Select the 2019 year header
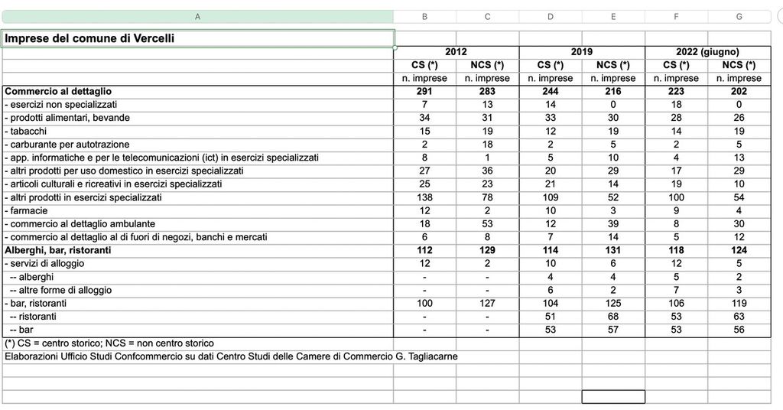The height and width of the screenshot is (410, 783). (x=581, y=52)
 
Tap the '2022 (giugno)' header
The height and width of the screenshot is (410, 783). (x=707, y=52)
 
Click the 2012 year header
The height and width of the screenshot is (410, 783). (x=456, y=52)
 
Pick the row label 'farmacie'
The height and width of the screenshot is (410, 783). (x=28, y=210)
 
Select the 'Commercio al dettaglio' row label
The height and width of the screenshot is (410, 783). (x=58, y=91)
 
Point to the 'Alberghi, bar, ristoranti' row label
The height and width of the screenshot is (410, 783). (x=58, y=250)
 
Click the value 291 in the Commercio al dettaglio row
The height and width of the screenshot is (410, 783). (x=424, y=91)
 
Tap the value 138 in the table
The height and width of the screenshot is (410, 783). (x=424, y=197)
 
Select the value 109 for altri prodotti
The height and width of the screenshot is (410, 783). (x=550, y=197)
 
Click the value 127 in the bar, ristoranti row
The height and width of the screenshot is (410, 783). (x=487, y=303)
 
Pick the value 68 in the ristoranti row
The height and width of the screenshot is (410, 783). (x=612, y=317)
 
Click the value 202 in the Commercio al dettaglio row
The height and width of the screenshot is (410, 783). (x=739, y=91)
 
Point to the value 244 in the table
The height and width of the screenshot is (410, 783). (x=550, y=91)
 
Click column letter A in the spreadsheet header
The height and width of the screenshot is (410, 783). (x=197, y=17)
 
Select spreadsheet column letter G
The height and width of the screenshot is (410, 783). (x=739, y=17)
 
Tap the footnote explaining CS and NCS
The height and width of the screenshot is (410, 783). (x=109, y=343)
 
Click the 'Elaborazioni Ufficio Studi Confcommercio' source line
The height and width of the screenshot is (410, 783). (x=231, y=356)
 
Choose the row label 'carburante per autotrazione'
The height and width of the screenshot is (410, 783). (x=67, y=145)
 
